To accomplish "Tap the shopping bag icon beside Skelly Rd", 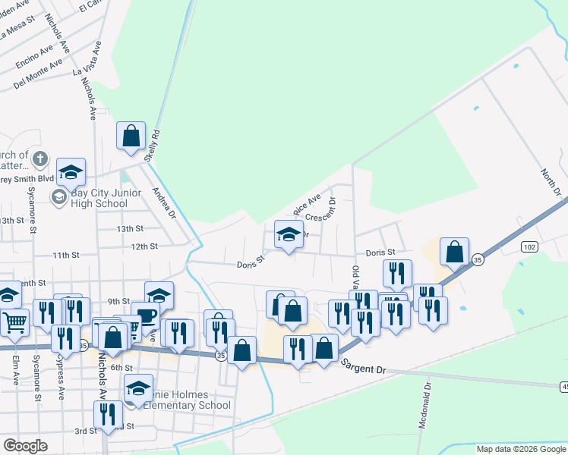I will pyautogui.click(x=131, y=136).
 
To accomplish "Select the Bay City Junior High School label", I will pyautogui.click(x=99, y=198).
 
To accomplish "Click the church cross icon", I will pyautogui.click(x=41, y=161).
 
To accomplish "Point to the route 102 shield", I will pyautogui.click(x=530, y=247).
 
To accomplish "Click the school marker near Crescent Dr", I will pyautogui.click(x=289, y=234).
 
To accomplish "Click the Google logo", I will pyautogui.click(x=26, y=446).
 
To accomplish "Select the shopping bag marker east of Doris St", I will pyautogui.click(x=454, y=253).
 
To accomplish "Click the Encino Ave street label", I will pyautogui.click(x=34, y=53).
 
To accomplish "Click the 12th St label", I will pyautogui.click(x=144, y=246).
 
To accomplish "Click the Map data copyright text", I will pyautogui.click(x=520, y=449).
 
